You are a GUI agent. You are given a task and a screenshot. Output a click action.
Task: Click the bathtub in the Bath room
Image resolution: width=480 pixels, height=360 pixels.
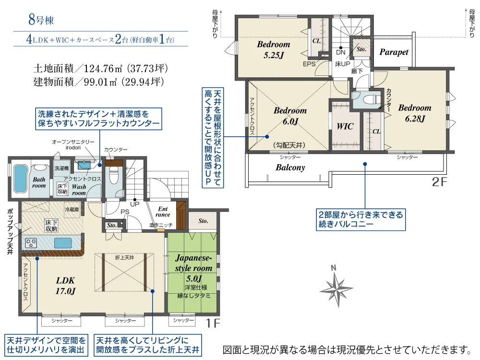[21, 179]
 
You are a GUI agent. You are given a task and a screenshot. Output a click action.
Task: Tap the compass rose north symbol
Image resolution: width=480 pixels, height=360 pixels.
[336, 286]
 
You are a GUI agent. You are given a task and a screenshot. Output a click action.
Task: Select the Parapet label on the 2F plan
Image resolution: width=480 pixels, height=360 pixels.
[394, 52]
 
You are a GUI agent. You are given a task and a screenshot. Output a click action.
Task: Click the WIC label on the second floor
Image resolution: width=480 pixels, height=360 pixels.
[345, 126]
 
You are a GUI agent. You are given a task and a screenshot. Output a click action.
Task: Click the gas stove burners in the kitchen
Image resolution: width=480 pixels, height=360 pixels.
[31, 243]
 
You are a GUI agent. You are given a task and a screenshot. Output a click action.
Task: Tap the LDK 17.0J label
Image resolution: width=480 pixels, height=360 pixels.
[65, 286]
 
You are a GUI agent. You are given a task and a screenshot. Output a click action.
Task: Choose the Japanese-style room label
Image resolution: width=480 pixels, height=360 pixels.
[193, 263]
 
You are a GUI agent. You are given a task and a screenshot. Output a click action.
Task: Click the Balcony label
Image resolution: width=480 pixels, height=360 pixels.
[290, 168]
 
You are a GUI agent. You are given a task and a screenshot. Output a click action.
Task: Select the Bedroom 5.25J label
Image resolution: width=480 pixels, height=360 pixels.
[274, 49]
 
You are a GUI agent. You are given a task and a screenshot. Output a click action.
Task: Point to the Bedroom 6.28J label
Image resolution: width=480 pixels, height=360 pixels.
[415, 113]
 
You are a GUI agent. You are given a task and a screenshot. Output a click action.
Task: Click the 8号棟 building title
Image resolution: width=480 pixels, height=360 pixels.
[41, 20]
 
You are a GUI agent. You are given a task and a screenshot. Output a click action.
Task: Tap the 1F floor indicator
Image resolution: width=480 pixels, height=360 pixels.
[213, 323]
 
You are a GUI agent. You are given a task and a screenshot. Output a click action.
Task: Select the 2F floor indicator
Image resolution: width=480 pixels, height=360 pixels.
[439, 182]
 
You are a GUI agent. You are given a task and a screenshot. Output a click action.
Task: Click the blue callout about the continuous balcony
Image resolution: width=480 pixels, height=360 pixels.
[360, 219]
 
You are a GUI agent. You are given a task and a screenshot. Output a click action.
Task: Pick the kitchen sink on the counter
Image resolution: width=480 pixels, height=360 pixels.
[63, 243]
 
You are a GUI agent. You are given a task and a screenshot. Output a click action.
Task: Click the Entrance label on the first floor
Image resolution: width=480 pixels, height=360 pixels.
[163, 212]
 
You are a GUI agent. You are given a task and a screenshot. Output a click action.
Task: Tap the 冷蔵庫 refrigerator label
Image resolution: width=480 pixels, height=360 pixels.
[72, 209]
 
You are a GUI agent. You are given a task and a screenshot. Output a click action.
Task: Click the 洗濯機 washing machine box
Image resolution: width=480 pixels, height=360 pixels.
[62, 168]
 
